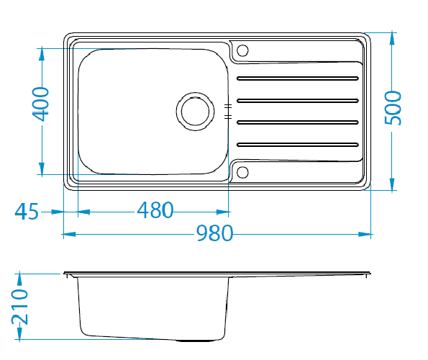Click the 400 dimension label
pos(40,104)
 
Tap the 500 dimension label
pos(393,108)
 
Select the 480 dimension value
pos(155,210)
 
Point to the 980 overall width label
pos(214,233)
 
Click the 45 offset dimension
pos(27,212)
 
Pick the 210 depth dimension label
pos(19,307)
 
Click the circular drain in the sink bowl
pos(195,112)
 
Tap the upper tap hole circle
pos(242,50)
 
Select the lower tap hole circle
pos(242,172)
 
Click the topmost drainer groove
pos(298,78)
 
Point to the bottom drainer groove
pos(298,145)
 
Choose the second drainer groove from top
pos(298,101)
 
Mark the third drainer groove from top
pos(298,122)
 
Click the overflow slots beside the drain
pos(228,112)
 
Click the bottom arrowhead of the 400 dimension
pos(42,168)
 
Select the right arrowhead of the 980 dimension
pos(365,234)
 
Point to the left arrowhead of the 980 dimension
pos(70,234)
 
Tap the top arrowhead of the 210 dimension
pos(19,279)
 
